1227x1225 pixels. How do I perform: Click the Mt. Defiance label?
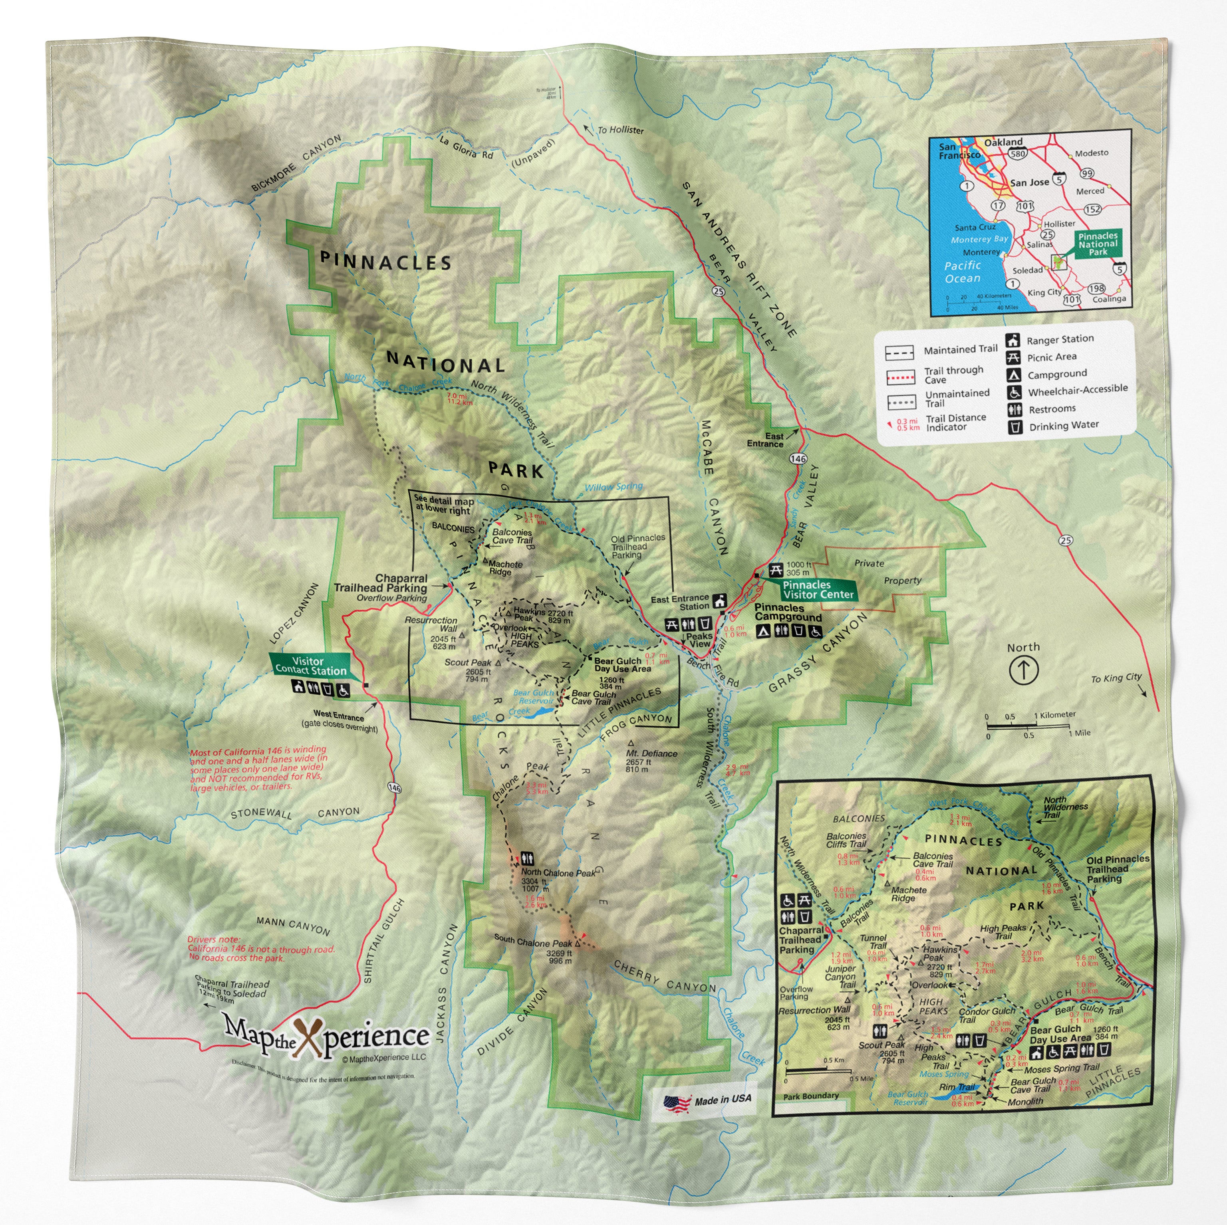pyautogui.click(x=651, y=754)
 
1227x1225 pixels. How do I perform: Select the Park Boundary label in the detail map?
pyautogui.click(x=810, y=1096)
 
